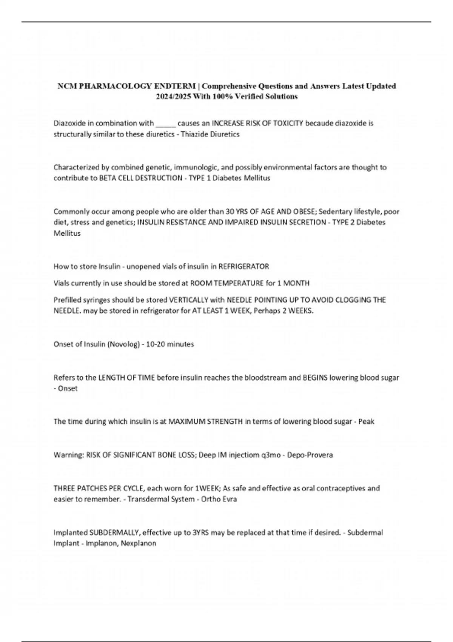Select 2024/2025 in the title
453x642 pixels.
click(x=173, y=97)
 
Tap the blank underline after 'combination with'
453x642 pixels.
click(x=165, y=123)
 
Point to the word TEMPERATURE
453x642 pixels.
click(x=240, y=283)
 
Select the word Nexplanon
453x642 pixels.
click(x=139, y=544)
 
